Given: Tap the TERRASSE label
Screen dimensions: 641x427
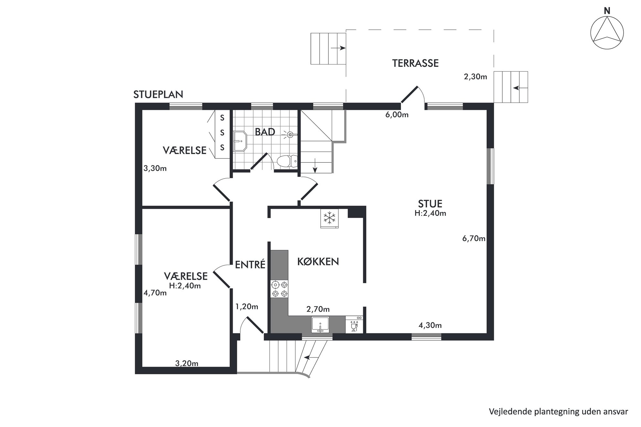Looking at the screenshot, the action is pos(415,63).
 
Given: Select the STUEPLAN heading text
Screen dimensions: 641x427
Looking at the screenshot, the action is pos(158,94).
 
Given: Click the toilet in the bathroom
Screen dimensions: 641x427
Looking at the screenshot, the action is pos(287,161).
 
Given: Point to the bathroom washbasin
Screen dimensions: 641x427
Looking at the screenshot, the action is pos(240,141).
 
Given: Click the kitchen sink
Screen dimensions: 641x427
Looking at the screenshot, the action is pos(320,324).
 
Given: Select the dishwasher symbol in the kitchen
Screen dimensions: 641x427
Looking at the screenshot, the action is pos(354,324).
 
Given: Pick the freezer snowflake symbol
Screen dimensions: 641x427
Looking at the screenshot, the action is pos(329,219).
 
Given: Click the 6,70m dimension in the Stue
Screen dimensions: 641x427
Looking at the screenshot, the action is pos(474,239).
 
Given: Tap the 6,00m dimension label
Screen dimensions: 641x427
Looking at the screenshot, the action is pos(397,115).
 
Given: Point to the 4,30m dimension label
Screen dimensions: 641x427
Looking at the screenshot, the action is pos(430,325).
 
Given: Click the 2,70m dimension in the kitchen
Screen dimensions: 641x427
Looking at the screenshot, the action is pos(318,309).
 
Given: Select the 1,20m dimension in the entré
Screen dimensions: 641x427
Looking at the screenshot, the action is pos(247,307).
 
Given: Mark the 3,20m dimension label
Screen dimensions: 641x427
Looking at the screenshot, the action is pos(187,363).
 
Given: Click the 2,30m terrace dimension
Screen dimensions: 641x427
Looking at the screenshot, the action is pos(475,77).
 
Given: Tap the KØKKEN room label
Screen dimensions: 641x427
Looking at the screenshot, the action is pos(318,261).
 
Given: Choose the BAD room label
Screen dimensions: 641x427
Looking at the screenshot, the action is pos(265,132).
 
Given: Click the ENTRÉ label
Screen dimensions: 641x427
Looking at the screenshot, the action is pos(250,264).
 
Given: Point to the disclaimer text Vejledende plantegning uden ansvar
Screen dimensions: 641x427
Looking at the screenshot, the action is pos(558,412).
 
